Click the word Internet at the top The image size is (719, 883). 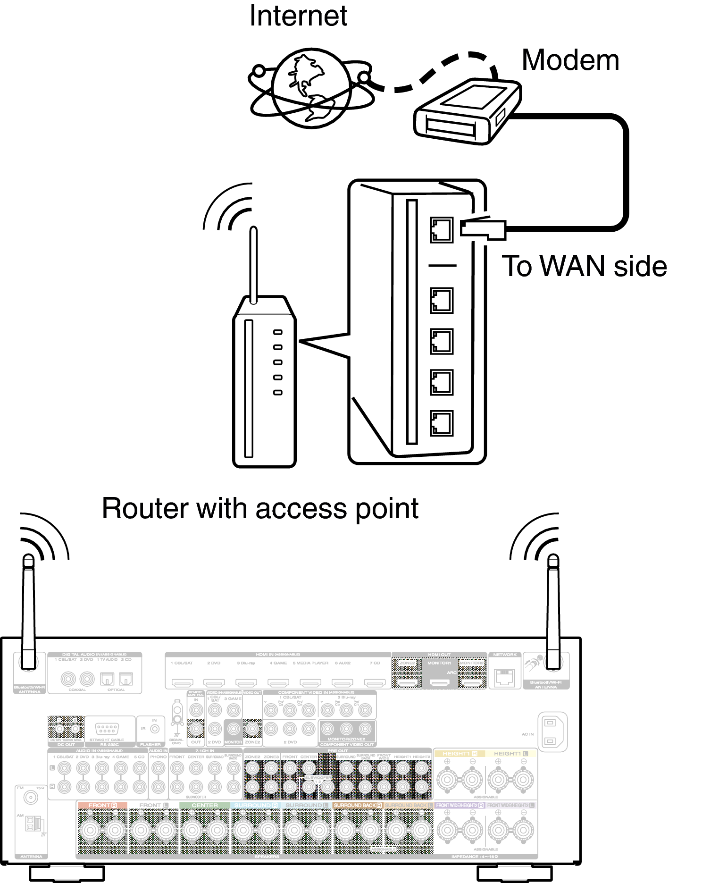[x=298, y=16]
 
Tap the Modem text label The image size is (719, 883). [x=570, y=60]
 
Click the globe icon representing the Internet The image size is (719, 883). [x=310, y=89]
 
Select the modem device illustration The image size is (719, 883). [x=467, y=112]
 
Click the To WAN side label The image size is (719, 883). [x=584, y=266]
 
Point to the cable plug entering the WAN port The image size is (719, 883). [x=484, y=229]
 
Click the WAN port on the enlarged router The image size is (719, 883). [x=442, y=230]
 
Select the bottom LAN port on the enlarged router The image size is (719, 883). [x=442, y=423]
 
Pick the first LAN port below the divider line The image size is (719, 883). [x=442, y=301]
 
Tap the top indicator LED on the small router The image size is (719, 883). [x=278, y=332]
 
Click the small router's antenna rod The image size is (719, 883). [x=253, y=264]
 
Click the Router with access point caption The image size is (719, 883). [x=260, y=509]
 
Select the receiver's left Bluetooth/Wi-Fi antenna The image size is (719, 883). [x=29, y=614]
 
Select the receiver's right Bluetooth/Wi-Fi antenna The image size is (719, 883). [x=553, y=614]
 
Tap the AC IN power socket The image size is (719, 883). [x=550, y=731]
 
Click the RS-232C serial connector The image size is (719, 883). [x=107, y=728]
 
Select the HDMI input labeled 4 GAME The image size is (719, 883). [x=278, y=682]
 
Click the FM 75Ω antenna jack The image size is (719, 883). [x=31, y=798]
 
